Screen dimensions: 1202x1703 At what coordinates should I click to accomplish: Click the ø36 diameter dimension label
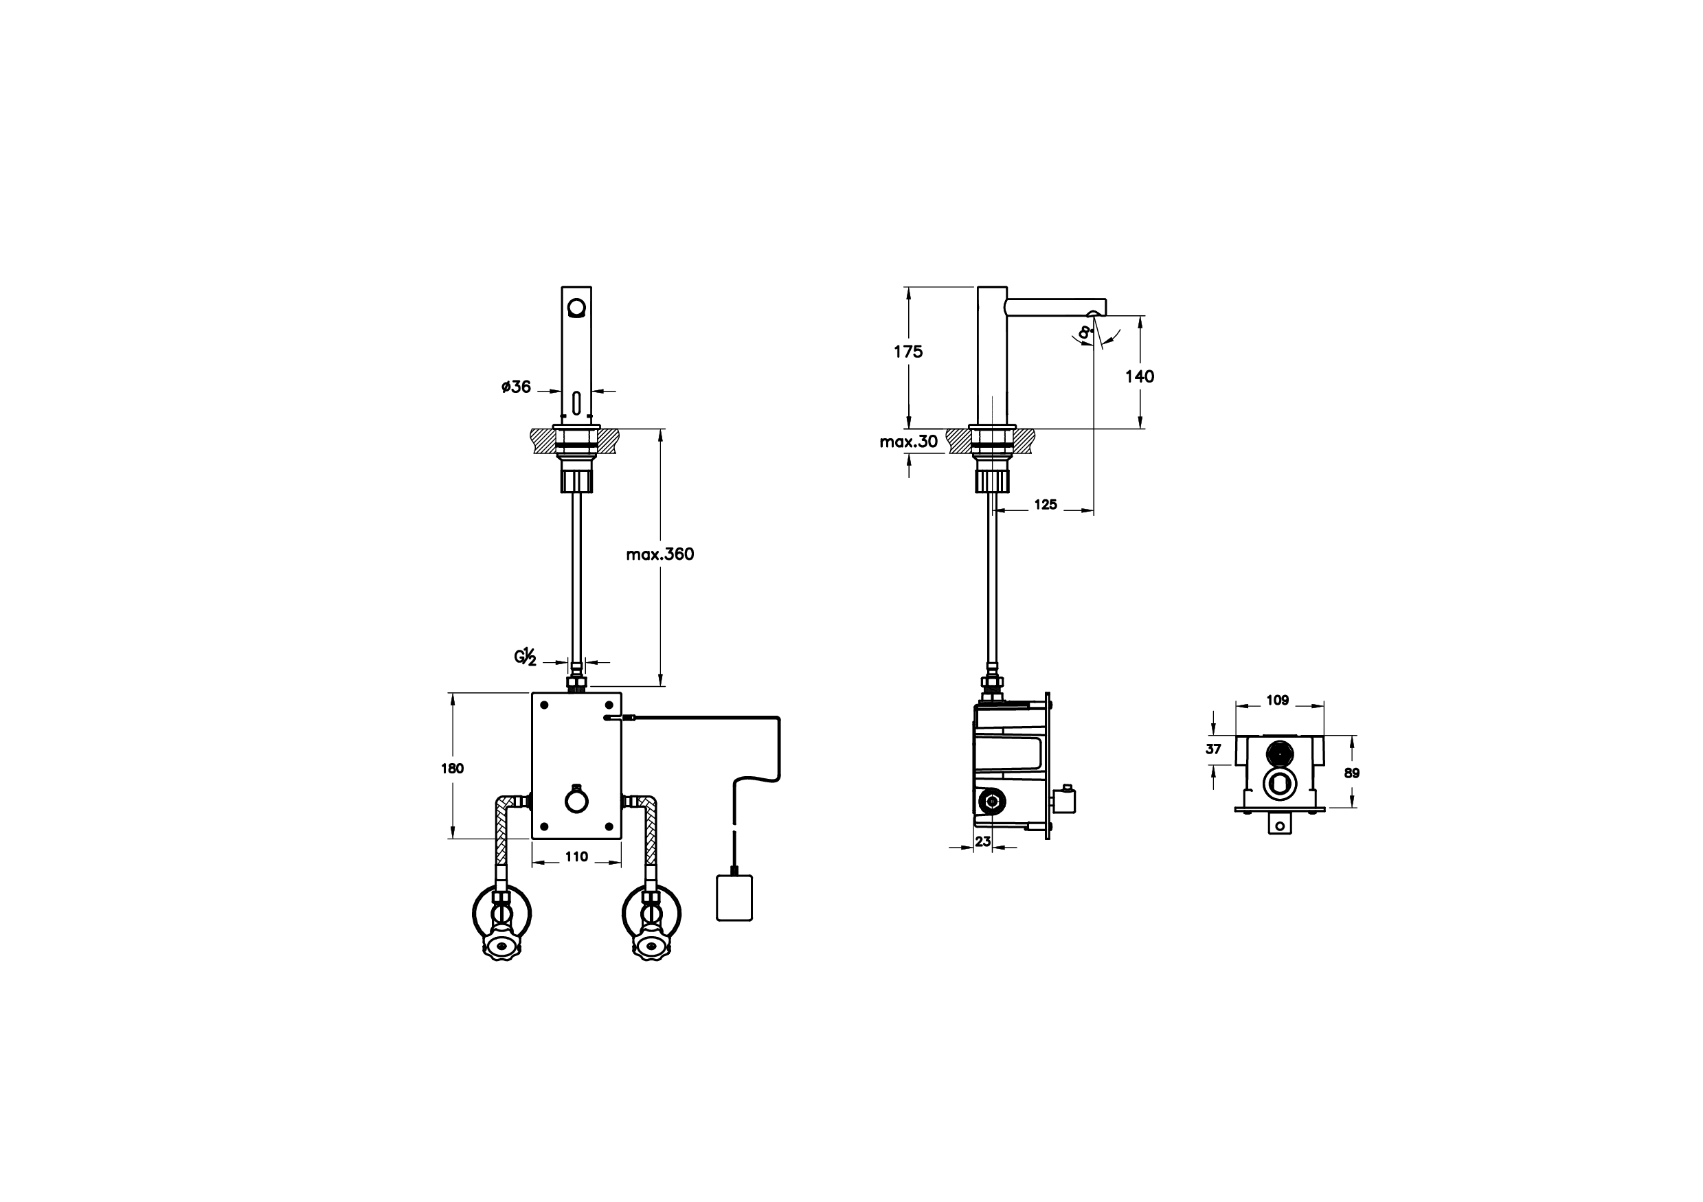(516, 386)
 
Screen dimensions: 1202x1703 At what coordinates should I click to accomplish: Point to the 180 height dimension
(453, 768)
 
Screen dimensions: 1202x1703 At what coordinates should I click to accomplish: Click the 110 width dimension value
(576, 857)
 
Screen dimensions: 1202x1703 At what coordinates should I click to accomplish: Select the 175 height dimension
(908, 352)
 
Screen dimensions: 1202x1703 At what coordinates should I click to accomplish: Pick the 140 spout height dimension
(1139, 376)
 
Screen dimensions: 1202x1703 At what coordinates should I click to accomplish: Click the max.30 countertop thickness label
(909, 442)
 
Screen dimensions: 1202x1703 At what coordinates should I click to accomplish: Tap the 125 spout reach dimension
(1045, 504)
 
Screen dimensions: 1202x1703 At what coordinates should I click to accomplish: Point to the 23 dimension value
(983, 841)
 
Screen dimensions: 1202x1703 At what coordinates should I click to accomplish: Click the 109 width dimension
(1277, 700)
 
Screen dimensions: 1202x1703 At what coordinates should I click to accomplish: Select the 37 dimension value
(1213, 749)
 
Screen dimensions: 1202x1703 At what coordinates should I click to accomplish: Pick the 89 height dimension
(1352, 773)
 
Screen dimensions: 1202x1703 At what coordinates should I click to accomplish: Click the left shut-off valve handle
(502, 946)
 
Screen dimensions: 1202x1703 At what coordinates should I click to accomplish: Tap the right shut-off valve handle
(651, 946)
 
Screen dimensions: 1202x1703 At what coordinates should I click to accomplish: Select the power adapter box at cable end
(734, 898)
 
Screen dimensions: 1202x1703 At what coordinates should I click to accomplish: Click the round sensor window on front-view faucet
(576, 307)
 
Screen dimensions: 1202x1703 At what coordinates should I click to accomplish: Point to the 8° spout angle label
(1085, 333)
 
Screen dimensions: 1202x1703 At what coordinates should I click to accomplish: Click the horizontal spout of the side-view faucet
(1053, 306)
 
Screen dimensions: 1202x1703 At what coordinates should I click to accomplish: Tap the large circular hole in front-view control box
(576, 802)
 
